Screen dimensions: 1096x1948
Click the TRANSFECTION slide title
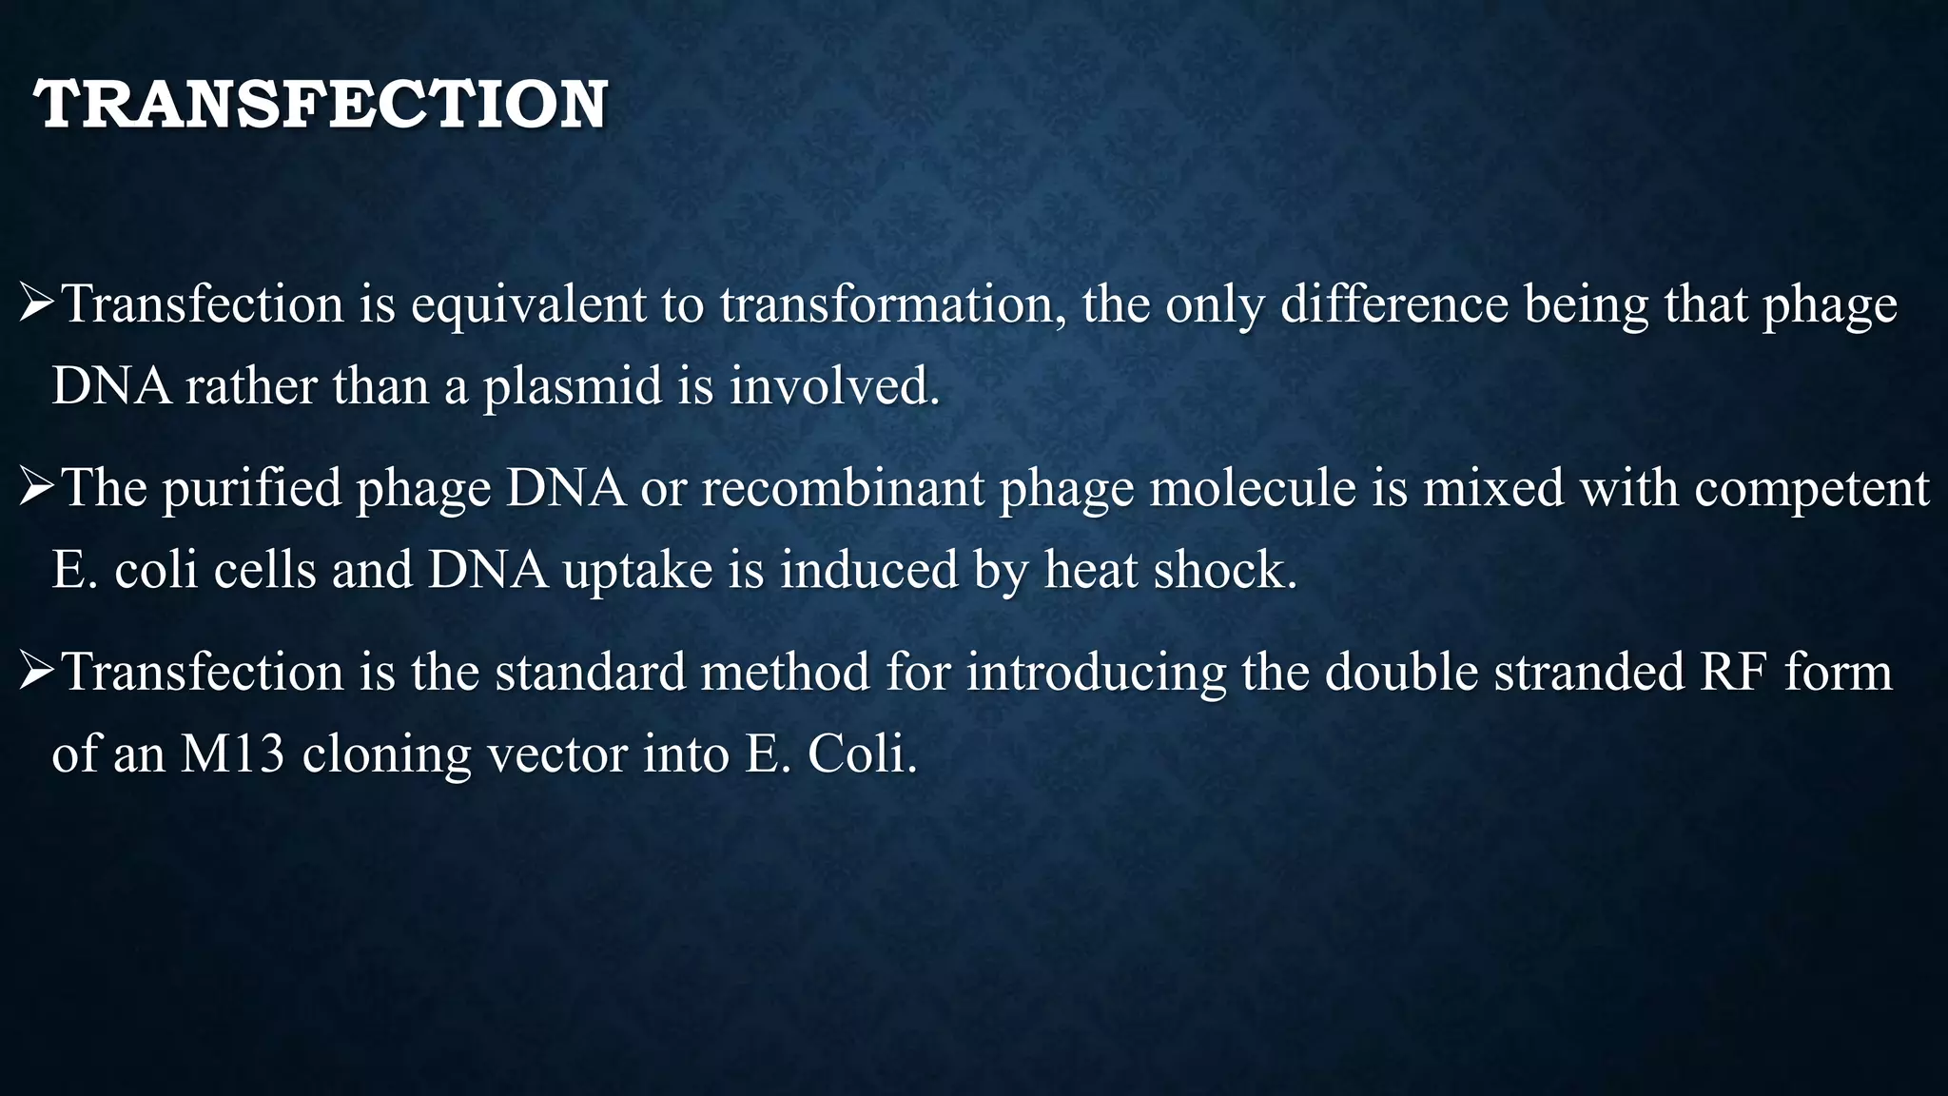321,104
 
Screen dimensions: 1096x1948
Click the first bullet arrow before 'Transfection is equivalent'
38,305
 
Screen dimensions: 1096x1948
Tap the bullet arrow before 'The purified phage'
38,489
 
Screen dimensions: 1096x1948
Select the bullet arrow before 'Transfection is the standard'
38,673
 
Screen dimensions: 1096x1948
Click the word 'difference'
1394,306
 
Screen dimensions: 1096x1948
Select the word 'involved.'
834,387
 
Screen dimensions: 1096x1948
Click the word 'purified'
251,489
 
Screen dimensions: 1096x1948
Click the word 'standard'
590,673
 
